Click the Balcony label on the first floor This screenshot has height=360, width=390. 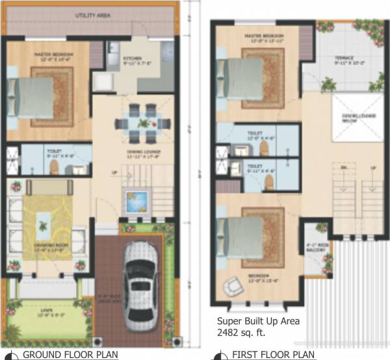click(x=316, y=247)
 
